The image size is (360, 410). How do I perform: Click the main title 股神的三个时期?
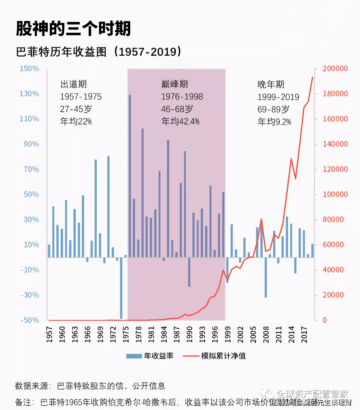(x=73, y=29)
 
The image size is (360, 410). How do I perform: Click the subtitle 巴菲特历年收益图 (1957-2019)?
(x=99, y=52)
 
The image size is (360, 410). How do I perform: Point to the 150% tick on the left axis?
(x=29, y=69)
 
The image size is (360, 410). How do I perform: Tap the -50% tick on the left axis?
(x=30, y=320)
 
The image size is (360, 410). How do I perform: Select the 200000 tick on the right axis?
(x=335, y=69)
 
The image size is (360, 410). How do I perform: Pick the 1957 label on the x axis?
(x=49, y=334)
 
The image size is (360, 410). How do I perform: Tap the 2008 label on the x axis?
(x=266, y=334)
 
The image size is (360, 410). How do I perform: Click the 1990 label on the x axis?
(x=189, y=334)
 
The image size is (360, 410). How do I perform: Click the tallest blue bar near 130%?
(x=130, y=173)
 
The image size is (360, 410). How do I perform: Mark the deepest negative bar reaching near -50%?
(x=121, y=288)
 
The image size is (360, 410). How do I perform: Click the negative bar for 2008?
(x=266, y=277)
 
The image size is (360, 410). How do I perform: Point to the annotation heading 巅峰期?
(x=174, y=84)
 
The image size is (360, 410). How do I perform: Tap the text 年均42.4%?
(x=180, y=121)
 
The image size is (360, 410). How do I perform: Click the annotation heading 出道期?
(x=73, y=84)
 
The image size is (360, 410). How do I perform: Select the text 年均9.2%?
(x=274, y=122)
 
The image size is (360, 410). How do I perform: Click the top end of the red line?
(x=312, y=77)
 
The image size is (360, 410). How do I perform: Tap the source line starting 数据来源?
(x=90, y=386)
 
